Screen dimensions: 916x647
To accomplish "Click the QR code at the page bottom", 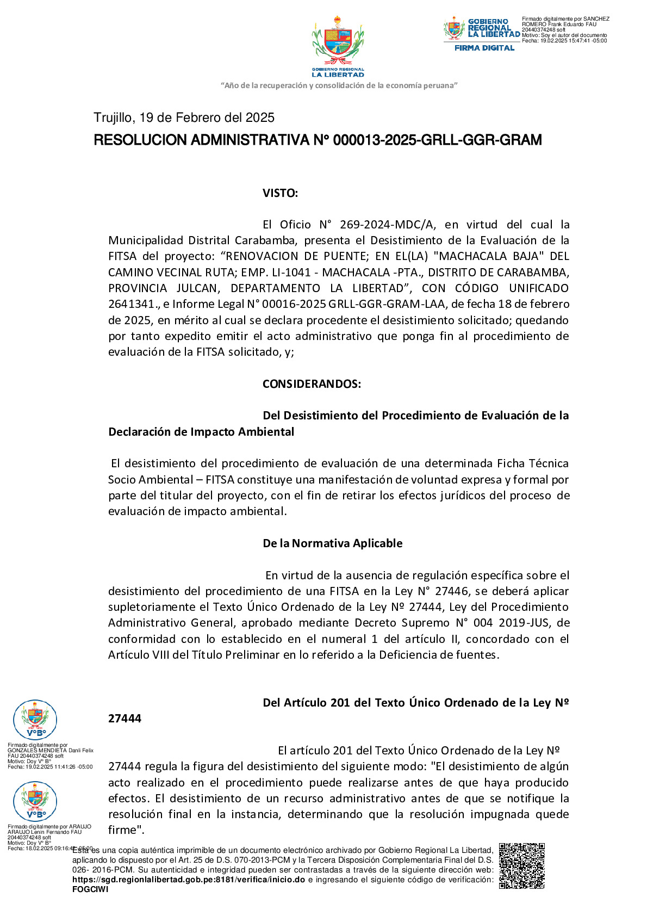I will coord(521,866).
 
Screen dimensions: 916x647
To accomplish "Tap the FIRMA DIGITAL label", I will coord(484,48).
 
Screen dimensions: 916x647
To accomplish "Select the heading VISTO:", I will coord(280,193).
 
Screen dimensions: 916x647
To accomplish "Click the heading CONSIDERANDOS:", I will coord(312,384).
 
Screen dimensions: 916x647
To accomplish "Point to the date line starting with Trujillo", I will coord(184,117).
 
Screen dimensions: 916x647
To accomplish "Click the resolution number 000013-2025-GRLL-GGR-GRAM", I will coord(437,140).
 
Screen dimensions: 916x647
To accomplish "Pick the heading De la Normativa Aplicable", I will coord(332,543).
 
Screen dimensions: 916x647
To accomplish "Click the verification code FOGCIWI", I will coord(90,889).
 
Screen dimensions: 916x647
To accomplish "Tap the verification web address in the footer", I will coord(189,880).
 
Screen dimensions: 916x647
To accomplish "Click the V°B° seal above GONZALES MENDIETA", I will coord(35,720).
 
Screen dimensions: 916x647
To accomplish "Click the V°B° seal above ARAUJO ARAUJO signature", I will coord(35,801).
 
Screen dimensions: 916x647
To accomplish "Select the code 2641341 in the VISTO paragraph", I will coord(131,304).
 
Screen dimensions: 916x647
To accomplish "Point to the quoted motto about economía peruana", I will coord(339,85).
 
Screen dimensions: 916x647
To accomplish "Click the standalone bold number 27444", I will coord(125,719).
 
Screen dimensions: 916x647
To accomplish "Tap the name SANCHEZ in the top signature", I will coord(596,19).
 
